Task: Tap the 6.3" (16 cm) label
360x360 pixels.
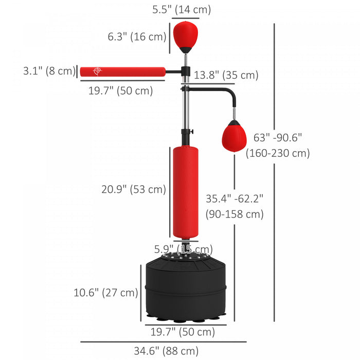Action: point(137,37)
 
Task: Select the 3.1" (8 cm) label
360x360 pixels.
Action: point(49,71)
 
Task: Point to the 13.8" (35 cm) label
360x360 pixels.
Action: point(226,75)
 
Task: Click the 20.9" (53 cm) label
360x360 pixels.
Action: point(134,189)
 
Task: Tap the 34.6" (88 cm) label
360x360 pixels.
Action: point(166,351)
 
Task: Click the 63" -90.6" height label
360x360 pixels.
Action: point(278,137)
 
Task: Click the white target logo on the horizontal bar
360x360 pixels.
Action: point(96,71)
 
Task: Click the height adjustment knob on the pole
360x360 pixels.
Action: point(190,132)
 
